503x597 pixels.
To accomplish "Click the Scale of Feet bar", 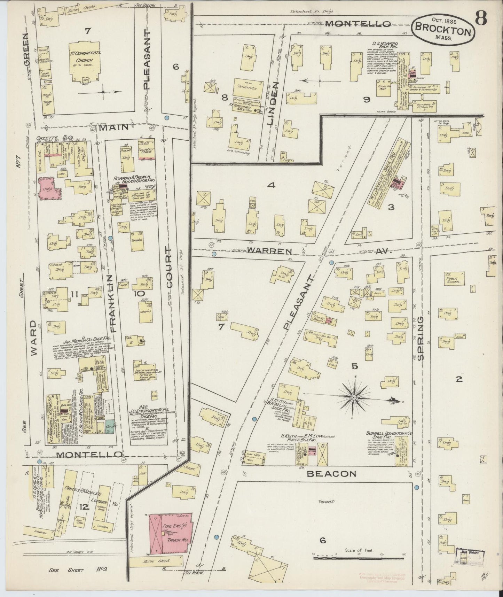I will [x=359, y=558].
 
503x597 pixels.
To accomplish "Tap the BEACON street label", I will [x=332, y=473].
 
